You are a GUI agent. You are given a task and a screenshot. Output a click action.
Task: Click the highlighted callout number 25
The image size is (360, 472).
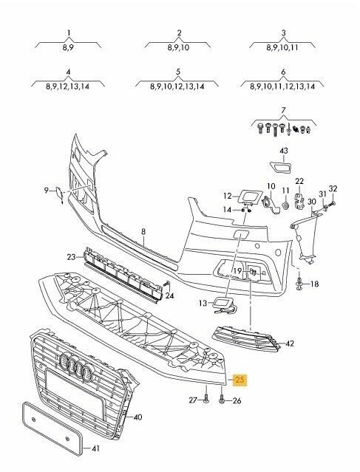coord(241,381)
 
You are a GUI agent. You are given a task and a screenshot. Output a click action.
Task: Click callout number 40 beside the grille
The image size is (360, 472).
coord(137,417)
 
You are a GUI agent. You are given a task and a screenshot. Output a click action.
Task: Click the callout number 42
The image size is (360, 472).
coord(289,343)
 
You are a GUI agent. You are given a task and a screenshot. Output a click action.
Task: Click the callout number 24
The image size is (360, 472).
coord(169,296)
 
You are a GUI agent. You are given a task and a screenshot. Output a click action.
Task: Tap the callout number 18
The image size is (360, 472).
coord(313,284)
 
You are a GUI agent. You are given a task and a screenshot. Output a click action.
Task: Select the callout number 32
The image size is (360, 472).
coord(333,188)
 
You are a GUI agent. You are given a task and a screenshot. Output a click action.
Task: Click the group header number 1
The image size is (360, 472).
coord(69,33)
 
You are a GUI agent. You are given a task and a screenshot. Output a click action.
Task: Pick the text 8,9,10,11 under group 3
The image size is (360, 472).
coord(283,47)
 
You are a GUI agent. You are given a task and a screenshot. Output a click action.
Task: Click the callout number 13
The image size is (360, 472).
coord(201,303)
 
